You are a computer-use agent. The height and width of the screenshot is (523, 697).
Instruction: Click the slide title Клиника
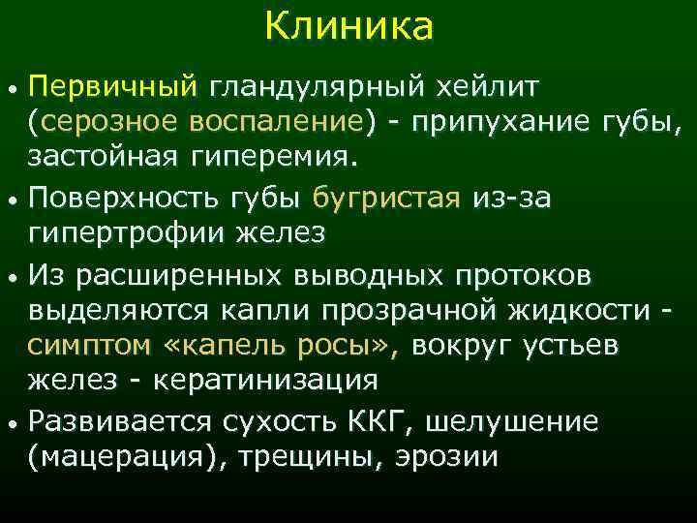tap(348, 27)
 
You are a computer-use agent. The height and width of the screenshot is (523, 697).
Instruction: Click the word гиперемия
tap(260, 156)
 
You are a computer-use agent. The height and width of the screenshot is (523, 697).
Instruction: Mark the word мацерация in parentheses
tap(121, 458)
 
